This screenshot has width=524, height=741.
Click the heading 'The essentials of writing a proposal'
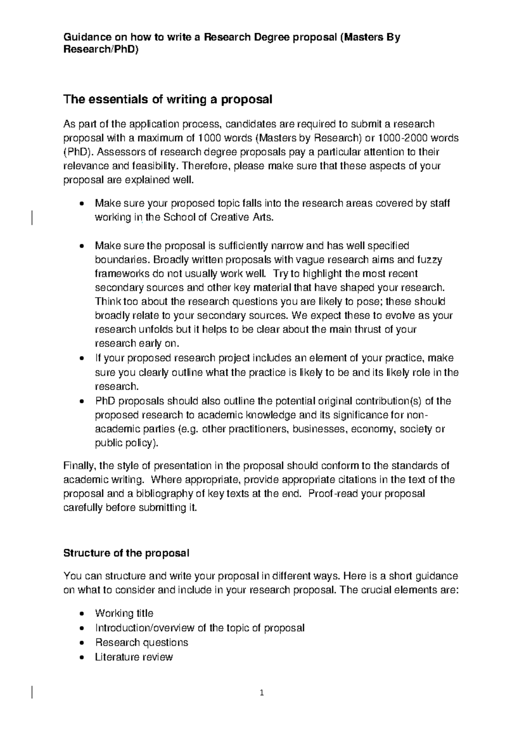[x=168, y=100]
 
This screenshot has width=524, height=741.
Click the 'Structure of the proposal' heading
[x=126, y=553]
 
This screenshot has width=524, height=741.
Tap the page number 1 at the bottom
[x=262, y=693]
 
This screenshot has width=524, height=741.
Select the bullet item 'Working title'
[x=124, y=613]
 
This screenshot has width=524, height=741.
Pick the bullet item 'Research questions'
[x=141, y=642]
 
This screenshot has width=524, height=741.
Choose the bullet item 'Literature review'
[x=134, y=657]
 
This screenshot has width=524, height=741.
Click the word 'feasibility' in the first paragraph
[x=157, y=166]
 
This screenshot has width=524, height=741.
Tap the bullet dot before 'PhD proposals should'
[x=82, y=401]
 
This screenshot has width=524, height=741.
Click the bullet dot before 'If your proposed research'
[x=82, y=358]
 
